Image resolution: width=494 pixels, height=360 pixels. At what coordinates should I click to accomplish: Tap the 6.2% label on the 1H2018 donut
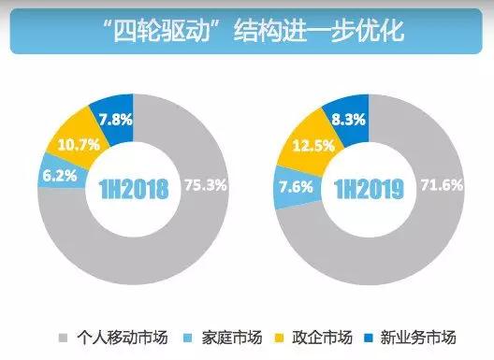click(59, 176)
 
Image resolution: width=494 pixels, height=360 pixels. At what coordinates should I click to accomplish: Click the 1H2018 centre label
click(133, 189)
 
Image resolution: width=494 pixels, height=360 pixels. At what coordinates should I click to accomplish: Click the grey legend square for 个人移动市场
click(65, 337)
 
